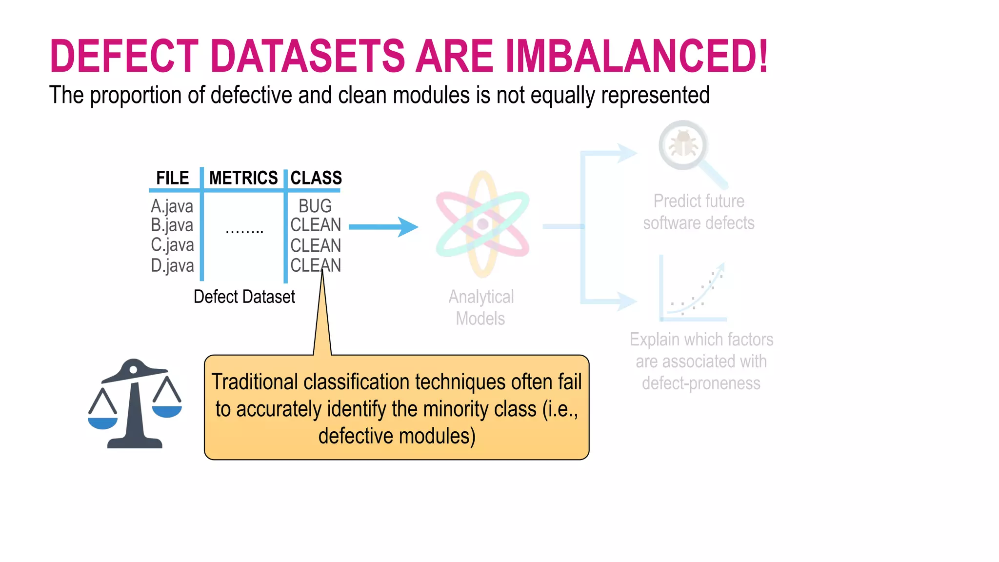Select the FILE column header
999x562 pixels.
click(173, 178)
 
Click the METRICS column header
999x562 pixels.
click(243, 178)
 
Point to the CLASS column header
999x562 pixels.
click(316, 178)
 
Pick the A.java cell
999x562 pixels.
click(172, 206)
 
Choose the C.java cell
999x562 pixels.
click(172, 245)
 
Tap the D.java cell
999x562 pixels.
click(172, 266)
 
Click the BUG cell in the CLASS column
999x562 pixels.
click(315, 206)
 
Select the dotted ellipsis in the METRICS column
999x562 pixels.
click(244, 231)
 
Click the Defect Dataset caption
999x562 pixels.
click(244, 297)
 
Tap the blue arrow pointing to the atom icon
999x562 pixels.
click(383, 227)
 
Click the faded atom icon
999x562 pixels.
click(482, 224)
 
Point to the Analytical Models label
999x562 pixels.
click(481, 307)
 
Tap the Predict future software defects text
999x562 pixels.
click(699, 212)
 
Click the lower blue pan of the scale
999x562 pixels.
click(102, 422)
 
